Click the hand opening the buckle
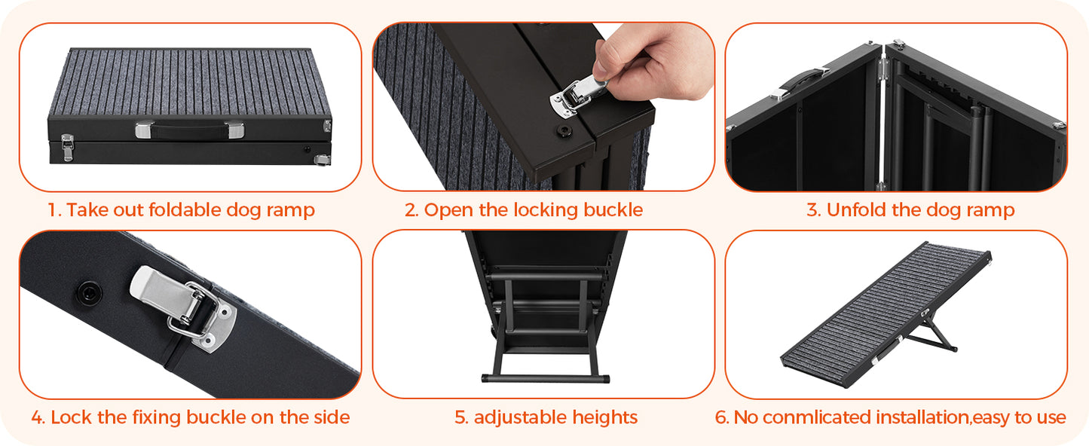pyautogui.click(x=654, y=60)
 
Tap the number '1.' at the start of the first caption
pyautogui.click(x=54, y=210)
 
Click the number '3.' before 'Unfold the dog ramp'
pyautogui.click(x=813, y=210)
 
